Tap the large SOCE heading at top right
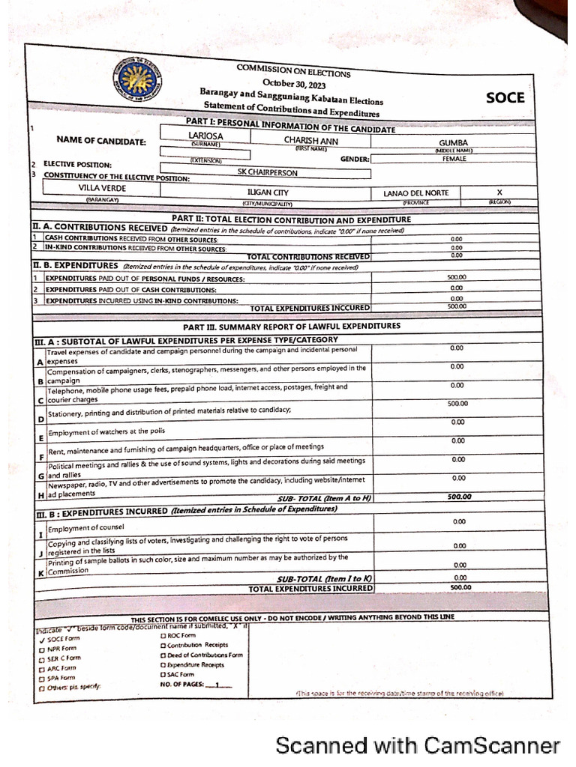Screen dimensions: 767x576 505,98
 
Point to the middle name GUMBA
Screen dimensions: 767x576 454,143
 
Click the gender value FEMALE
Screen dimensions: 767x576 454,159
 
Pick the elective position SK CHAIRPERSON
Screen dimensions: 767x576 267,172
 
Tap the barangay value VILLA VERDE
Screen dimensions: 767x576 103,188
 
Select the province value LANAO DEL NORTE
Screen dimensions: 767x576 415,193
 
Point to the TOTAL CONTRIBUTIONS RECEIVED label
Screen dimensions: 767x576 308,257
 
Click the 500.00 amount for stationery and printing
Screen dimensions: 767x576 457,404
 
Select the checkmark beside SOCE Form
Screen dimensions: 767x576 42,639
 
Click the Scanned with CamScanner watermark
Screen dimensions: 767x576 417,745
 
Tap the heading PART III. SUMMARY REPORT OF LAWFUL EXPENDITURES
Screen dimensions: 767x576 292,327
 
